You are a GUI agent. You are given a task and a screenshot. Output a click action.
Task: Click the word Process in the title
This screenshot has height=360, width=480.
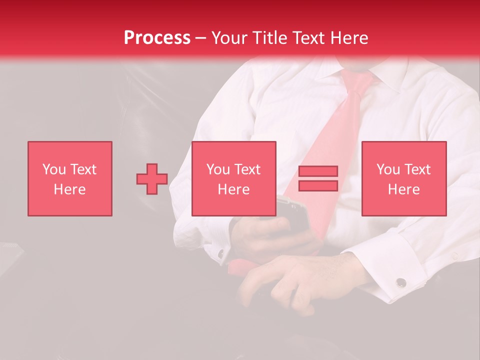(157, 38)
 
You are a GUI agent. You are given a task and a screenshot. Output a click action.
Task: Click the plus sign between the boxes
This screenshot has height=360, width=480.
(152, 179)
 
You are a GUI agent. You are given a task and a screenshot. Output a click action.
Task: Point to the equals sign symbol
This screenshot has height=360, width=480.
(318, 178)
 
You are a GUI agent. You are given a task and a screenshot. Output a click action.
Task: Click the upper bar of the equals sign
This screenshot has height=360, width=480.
(318, 171)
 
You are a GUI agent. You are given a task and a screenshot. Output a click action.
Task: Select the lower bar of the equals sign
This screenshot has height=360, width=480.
(318, 185)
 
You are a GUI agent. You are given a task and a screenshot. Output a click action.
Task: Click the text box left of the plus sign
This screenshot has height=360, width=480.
(70, 178)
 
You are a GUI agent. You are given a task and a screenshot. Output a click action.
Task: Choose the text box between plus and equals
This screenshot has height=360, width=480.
(234, 178)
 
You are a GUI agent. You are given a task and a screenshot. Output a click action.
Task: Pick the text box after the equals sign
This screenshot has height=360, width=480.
(404, 178)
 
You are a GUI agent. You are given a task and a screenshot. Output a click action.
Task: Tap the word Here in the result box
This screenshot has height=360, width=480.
(404, 189)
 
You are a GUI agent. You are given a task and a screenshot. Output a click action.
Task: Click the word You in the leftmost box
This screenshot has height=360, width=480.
(54, 169)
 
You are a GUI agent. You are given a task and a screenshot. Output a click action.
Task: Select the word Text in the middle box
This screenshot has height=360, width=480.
(247, 169)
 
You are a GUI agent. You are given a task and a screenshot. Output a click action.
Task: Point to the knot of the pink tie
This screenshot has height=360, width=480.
(358, 80)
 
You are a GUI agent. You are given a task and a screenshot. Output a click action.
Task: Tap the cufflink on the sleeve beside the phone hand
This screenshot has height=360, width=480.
(220, 254)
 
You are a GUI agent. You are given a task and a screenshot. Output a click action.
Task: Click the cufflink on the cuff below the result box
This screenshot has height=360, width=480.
(401, 282)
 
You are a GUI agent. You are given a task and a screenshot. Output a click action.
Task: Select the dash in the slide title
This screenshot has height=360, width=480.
(200, 38)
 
